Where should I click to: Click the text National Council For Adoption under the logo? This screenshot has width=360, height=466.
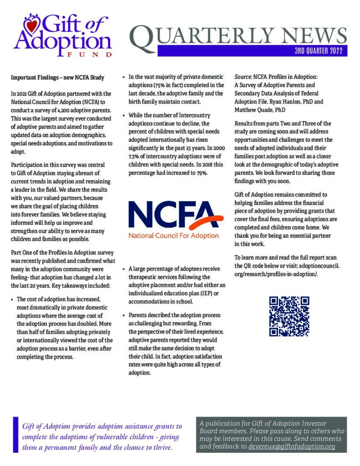(173, 236)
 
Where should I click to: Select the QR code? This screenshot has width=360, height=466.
(289, 316)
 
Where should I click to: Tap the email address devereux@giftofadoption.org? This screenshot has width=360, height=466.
(292, 447)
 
